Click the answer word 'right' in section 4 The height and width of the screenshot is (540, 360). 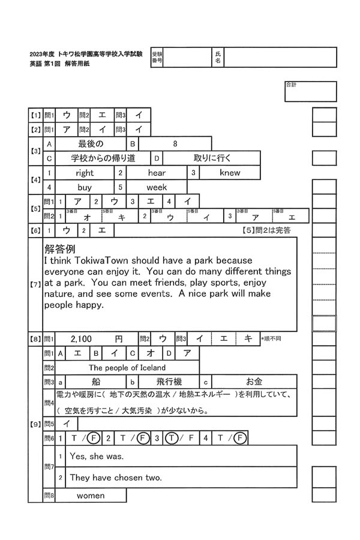[x=85, y=173]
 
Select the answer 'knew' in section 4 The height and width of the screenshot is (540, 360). [x=229, y=173]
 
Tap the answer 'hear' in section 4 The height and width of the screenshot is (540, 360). [x=157, y=173]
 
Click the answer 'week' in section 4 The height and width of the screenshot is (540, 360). [x=157, y=187]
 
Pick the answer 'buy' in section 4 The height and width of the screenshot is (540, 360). [x=85, y=187]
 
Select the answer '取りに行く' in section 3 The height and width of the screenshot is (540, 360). [x=212, y=158]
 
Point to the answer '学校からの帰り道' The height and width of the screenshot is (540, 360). [x=103, y=158]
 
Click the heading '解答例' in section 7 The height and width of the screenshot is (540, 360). [x=59, y=248]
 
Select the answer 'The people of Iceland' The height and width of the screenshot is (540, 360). [x=127, y=367]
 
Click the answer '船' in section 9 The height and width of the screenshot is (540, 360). [x=95, y=382]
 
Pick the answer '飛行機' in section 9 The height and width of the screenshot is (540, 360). [x=169, y=382]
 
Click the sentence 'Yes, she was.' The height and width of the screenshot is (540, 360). [x=97, y=457]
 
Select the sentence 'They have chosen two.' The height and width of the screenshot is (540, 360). [x=116, y=478]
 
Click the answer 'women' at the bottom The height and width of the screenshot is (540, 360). [x=90, y=496]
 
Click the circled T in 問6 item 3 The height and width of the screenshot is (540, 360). [x=170, y=438]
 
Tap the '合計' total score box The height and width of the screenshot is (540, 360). [x=310, y=92]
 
